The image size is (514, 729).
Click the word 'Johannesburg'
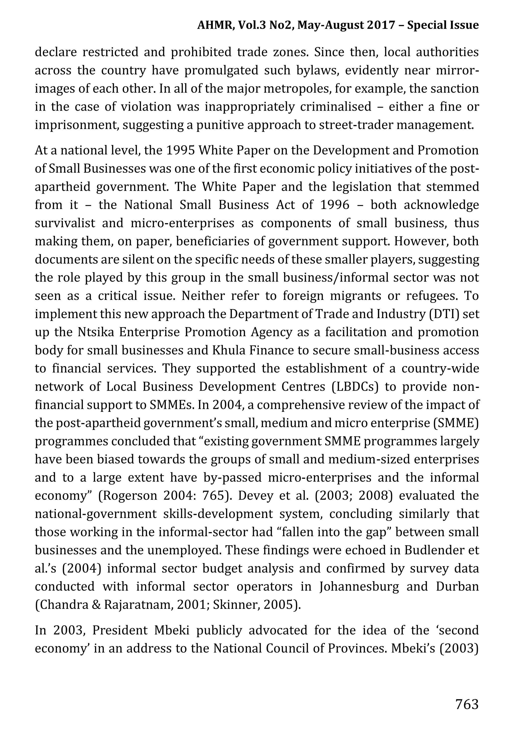(359, 587)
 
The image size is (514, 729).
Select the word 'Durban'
(457, 587)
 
